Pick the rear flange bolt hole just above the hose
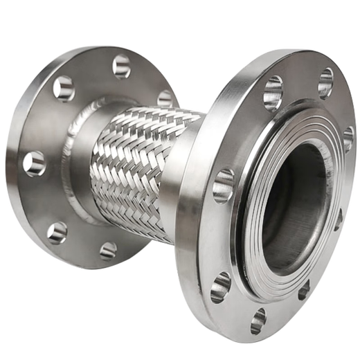pos(165,98)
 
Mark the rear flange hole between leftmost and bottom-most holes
pos(57,231)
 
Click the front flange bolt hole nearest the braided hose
pos(223,186)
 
